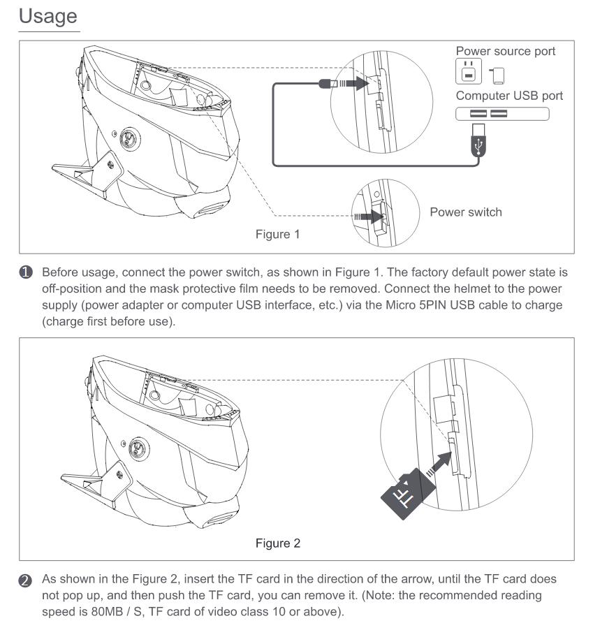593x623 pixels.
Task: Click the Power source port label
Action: (506, 52)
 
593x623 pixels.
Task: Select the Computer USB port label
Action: (509, 96)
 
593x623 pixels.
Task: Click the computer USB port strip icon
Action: (502, 113)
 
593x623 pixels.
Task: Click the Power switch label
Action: (465, 212)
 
